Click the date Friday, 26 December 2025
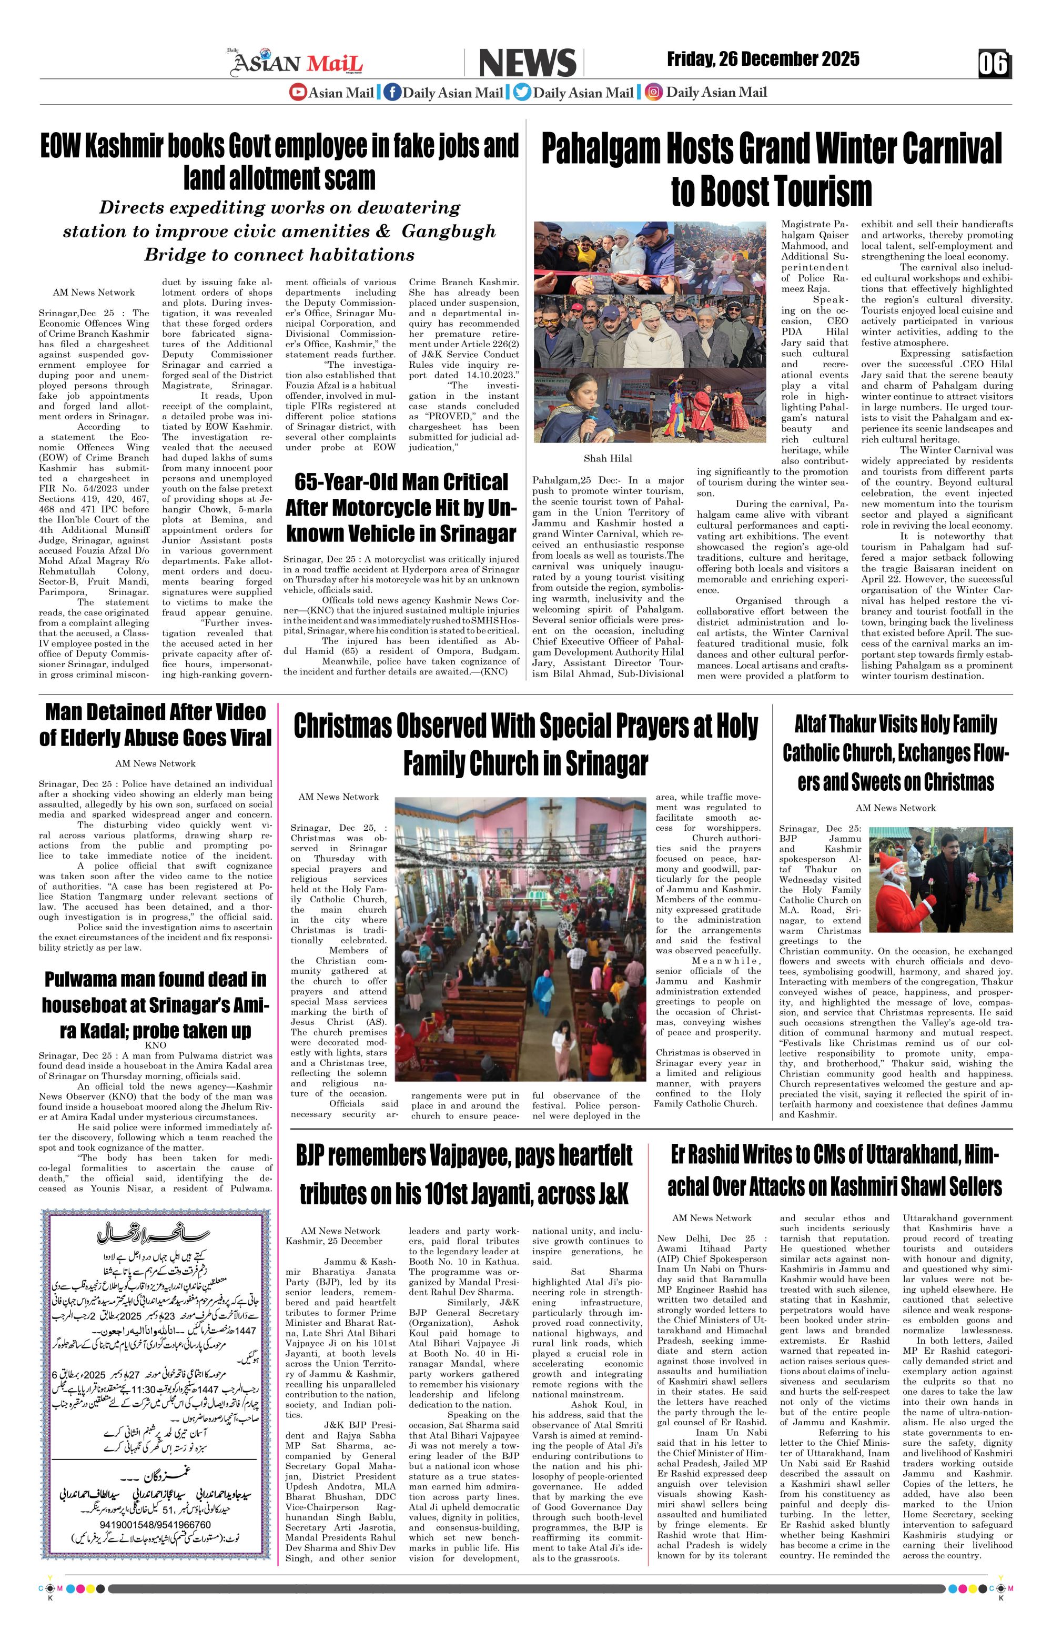click(x=763, y=59)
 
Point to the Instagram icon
click(x=654, y=92)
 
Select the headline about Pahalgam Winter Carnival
click(x=771, y=169)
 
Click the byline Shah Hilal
click(x=608, y=458)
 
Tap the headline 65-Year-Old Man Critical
click(x=400, y=508)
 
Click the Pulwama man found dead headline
click(x=155, y=1004)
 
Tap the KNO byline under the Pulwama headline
click(x=155, y=1044)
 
